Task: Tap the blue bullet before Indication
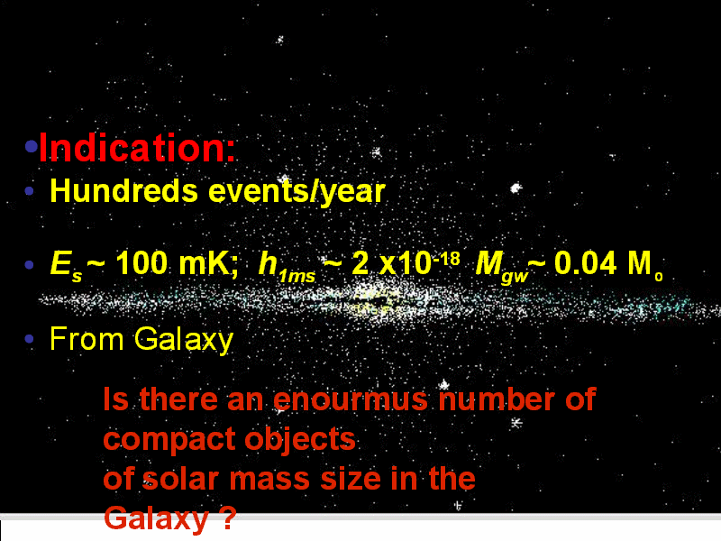32,146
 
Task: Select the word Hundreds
123,190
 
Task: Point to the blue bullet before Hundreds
30,190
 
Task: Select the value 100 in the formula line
141,263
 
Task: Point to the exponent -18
446,259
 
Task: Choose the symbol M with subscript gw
502,266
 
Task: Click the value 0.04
585,263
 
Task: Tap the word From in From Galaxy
87,339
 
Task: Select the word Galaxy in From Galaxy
184,341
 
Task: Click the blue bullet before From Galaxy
30,339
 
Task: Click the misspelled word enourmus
351,399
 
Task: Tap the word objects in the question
300,440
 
